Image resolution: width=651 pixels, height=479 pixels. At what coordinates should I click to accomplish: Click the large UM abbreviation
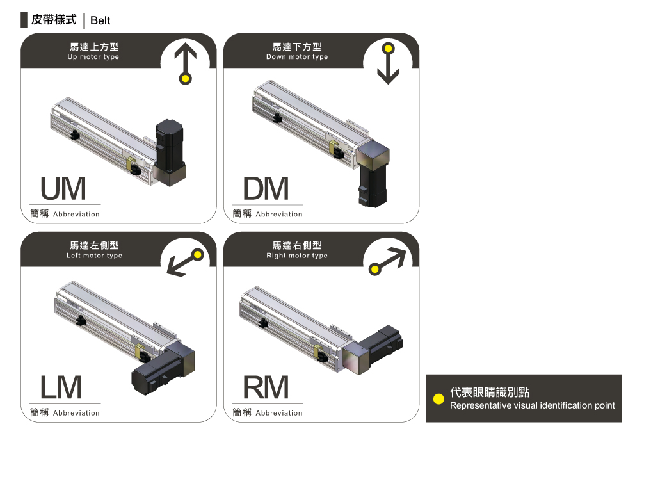(63, 189)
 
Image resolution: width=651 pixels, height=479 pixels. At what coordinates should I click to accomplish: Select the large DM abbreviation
(266, 189)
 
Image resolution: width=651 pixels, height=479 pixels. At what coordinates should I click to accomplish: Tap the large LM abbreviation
(61, 387)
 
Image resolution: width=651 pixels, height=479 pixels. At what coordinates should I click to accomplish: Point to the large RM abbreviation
(266, 387)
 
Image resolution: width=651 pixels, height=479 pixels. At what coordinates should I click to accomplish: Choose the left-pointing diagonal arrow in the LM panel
(185, 263)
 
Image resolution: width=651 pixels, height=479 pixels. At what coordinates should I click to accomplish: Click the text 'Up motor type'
(93, 57)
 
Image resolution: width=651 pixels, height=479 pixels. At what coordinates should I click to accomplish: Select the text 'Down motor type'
(297, 57)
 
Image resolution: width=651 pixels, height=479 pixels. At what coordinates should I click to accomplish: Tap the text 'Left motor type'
(94, 256)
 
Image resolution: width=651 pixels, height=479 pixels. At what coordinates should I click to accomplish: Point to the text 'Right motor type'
(297, 256)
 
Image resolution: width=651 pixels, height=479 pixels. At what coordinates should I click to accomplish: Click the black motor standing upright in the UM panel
(169, 144)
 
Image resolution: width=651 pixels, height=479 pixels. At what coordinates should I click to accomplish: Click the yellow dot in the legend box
(438, 399)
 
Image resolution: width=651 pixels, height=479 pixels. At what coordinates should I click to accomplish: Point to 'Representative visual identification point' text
(532, 405)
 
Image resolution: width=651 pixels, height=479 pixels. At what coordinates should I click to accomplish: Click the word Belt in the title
(100, 20)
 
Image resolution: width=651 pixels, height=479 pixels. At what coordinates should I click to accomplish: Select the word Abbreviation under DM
(279, 215)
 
